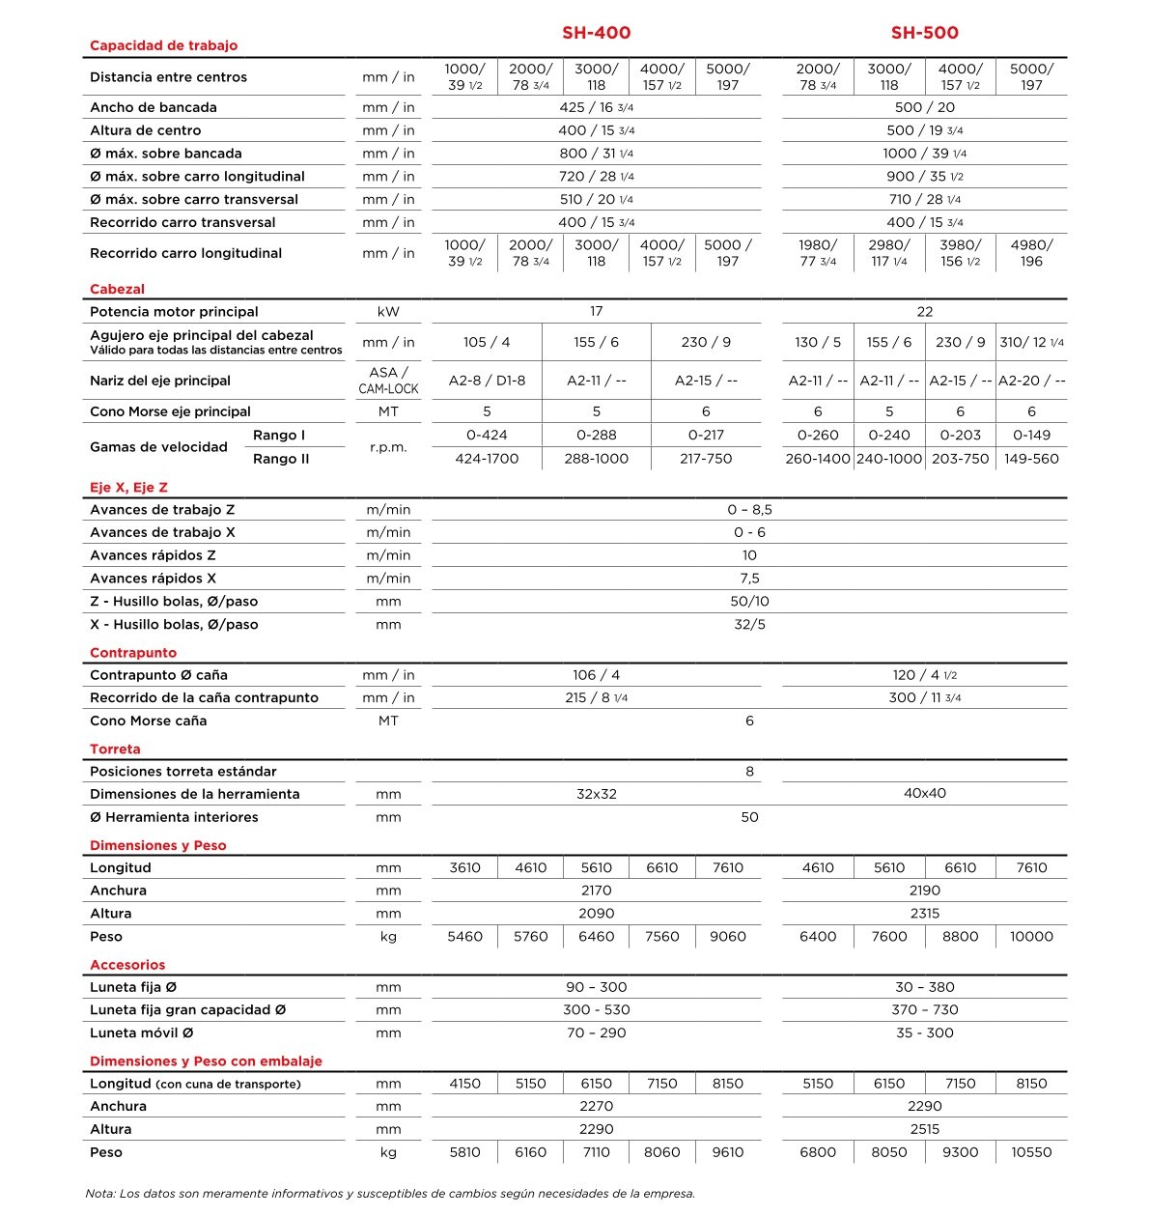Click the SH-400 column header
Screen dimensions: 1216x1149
[x=596, y=33]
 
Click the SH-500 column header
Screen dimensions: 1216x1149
[x=924, y=33]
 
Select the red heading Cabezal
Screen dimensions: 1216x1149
[x=117, y=289]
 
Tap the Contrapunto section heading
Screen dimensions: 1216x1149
[x=133, y=652]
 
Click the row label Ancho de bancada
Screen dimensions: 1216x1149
[x=154, y=107]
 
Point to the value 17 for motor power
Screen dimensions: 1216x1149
[x=596, y=311]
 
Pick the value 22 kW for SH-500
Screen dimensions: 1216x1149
[x=924, y=311]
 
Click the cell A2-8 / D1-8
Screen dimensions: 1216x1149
[x=487, y=381]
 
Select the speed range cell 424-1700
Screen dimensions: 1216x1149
[x=487, y=459]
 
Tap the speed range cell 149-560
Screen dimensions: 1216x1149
[x=1031, y=459]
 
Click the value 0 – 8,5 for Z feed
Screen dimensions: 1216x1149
[x=749, y=509]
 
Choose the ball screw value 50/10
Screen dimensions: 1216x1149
[x=749, y=601]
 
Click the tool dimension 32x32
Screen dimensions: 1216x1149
[x=596, y=794]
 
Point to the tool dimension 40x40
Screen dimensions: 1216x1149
[x=924, y=793]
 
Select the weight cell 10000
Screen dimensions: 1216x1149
[x=1031, y=936]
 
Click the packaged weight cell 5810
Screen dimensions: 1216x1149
[x=464, y=1151]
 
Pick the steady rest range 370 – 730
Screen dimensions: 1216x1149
[x=924, y=1009]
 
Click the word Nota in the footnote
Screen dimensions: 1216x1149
[x=99, y=1194]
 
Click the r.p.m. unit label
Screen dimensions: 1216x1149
[x=388, y=447]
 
